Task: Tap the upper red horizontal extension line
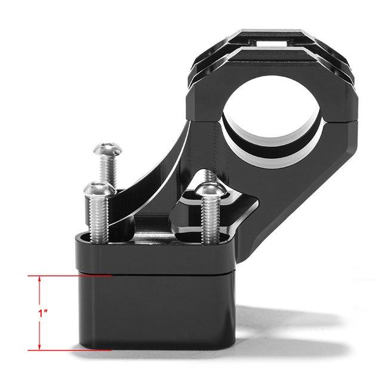pos(72,276)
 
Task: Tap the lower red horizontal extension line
pos(72,350)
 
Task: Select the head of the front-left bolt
pos(99,190)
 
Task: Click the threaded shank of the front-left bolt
pos(100,218)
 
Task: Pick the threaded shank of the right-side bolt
pos(208,221)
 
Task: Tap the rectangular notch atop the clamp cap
pos(276,43)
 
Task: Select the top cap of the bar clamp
pos(272,60)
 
